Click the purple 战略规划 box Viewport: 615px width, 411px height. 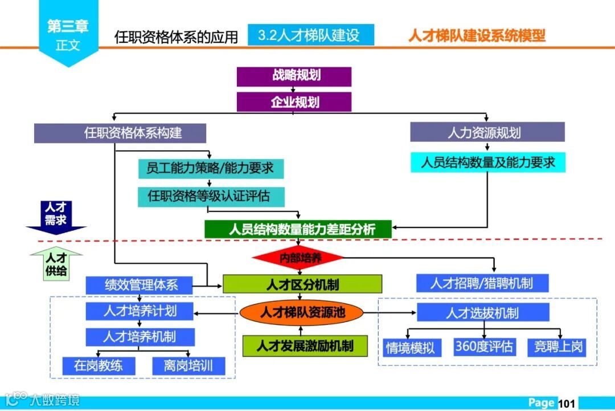coord(294,76)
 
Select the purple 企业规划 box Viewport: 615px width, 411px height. coord(294,102)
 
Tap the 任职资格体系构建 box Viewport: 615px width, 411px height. coord(120,133)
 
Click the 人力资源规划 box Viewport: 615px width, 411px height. coord(487,133)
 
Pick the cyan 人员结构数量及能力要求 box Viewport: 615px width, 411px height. coord(488,162)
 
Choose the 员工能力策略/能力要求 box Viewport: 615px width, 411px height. coord(210,168)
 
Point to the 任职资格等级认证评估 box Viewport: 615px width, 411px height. coord(210,197)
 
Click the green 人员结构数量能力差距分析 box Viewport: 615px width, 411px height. coord(298,229)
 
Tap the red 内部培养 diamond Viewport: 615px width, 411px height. coord(298,258)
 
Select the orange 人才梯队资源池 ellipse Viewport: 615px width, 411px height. coord(301,312)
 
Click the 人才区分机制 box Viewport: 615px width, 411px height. coord(302,284)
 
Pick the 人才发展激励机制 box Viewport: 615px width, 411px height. coord(304,345)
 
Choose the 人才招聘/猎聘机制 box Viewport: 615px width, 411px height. coord(482,283)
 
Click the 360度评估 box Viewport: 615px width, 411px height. coord(484,347)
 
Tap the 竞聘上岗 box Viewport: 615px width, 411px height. coord(559,347)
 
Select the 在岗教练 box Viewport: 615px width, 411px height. coord(99,365)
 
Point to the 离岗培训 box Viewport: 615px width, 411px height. coord(188,365)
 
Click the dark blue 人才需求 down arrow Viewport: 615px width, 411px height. coord(56,216)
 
